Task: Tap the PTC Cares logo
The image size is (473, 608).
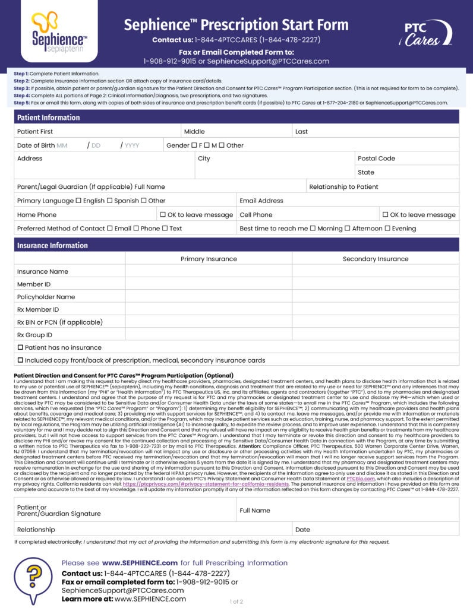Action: (424, 33)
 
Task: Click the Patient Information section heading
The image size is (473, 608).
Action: (48, 118)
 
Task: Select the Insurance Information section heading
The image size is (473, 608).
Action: (52, 245)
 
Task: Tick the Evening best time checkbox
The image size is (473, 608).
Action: (387, 229)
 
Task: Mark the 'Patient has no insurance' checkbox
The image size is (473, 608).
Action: (21, 347)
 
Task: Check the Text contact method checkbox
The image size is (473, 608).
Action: (165, 229)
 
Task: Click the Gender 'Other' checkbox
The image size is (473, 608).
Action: (221, 145)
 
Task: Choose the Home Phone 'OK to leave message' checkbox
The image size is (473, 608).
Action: (163, 215)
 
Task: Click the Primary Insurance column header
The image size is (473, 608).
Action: (209, 259)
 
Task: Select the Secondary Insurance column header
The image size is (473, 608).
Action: (376, 259)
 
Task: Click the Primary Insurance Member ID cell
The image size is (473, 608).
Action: (209, 284)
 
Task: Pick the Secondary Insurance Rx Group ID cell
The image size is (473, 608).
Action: (376, 335)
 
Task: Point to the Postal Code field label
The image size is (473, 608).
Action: (376, 159)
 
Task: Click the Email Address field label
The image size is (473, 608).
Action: (261, 201)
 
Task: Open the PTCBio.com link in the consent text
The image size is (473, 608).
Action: (359, 477)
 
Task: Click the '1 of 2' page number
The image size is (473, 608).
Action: (236, 601)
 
